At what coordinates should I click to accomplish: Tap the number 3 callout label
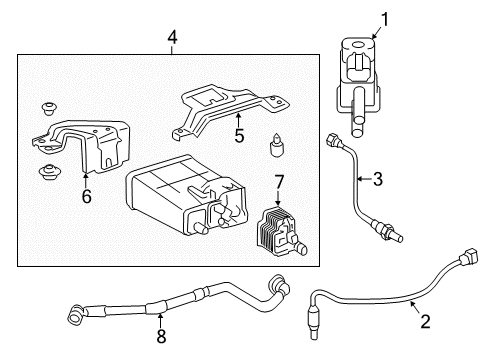point(377,180)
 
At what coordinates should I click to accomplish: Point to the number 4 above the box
point(172,39)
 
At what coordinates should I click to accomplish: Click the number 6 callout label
point(87,197)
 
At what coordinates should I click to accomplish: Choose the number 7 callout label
point(279,180)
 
